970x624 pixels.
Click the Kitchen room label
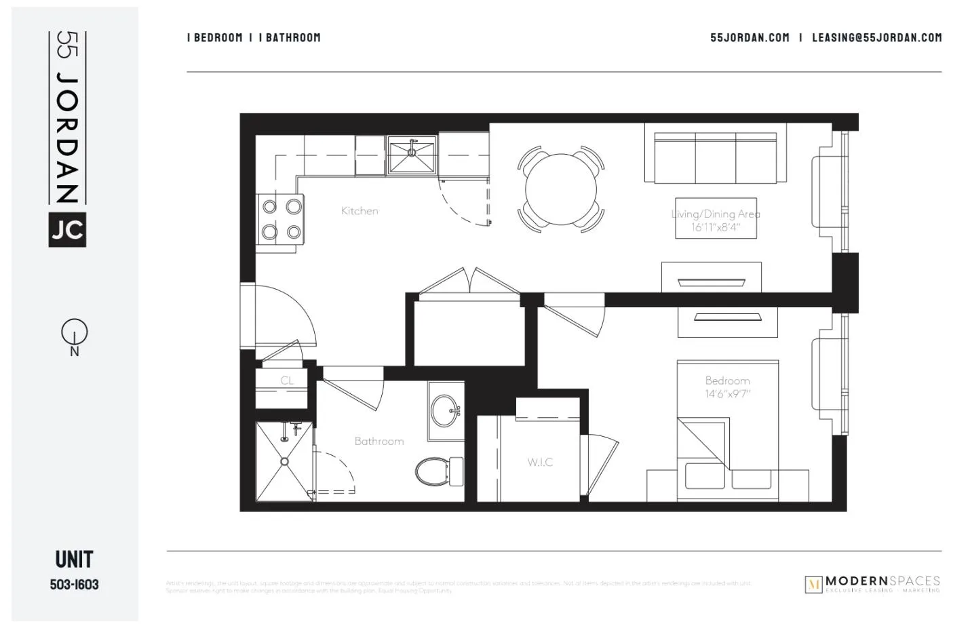[360, 211]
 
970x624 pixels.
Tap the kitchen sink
[412, 155]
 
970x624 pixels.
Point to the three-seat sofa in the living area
[715, 157]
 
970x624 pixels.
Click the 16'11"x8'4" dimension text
[715, 227]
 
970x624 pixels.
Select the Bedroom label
[727, 381]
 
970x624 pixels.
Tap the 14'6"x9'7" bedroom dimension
[727, 393]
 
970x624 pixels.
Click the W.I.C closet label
[540, 462]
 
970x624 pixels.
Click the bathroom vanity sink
[446, 410]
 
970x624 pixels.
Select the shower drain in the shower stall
[285, 461]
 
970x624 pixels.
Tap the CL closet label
[287, 381]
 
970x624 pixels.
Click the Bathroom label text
[379, 441]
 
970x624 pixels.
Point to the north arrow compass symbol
[74, 332]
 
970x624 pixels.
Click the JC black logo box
[67, 229]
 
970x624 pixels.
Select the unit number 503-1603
[74, 584]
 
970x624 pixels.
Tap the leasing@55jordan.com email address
[876, 38]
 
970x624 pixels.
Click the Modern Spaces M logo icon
[813, 584]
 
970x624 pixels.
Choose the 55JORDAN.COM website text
[750, 38]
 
